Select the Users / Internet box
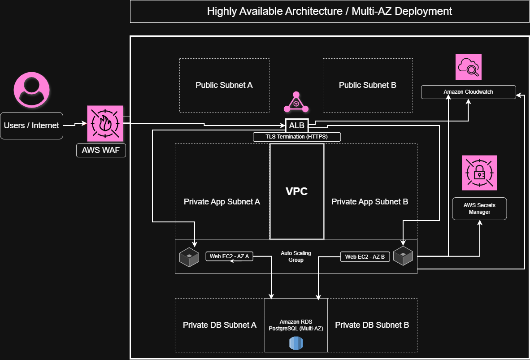tap(31, 126)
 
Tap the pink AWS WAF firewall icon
tap(105, 123)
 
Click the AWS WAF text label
tap(101, 150)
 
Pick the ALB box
tap(297, 126)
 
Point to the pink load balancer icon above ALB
tap(296, 103)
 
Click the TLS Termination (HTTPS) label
tap(297, 137)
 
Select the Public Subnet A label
tap(224, 85)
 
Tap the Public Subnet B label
tap(368, 85)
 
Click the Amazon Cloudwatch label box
tap(468, 92)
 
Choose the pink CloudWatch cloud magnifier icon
tap(468, 67)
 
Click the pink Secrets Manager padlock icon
tap(479, 173)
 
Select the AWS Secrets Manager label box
tap(479, 208)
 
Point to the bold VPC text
tap(297, 191)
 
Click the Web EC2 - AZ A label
tap(230, 256)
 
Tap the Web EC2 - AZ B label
tap(365, 257)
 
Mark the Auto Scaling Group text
tap(296, 256)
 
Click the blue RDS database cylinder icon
tap(296, 343)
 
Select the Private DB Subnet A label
tap(220, 325)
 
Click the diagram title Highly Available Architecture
tap(330, 11)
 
